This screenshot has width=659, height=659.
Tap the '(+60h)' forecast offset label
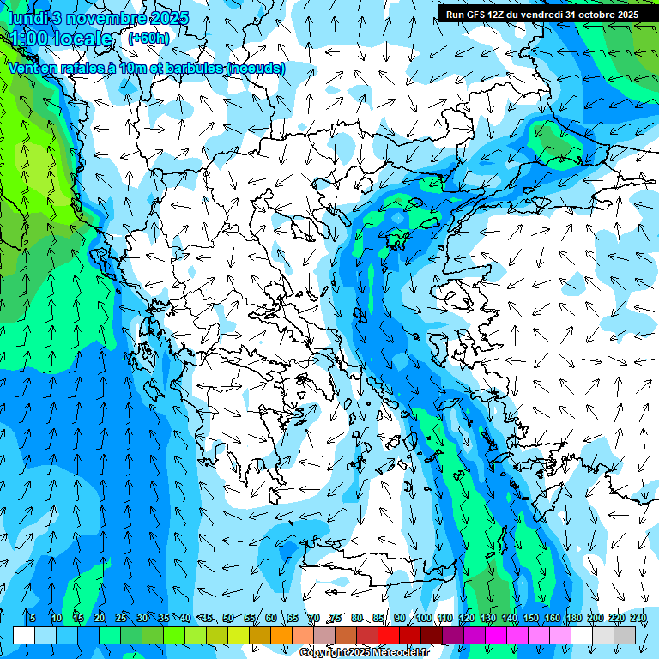click(x=148, y=39)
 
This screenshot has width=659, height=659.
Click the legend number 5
click(x=33, y=619)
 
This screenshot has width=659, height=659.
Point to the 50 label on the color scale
click(x=227, y=619)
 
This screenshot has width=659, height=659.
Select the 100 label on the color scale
click(x=423, y=619)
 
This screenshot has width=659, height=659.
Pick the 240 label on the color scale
click(x=638, y=619)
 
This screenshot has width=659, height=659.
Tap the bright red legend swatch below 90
click(x=389, y=635)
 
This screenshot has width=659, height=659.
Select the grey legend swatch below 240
click(x=625, y=635)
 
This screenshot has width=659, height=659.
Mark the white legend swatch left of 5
click(x=23, y=635)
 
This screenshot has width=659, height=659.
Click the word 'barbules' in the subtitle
click(x=189, y=69)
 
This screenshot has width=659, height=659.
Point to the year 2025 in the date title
click(x=168, y=18)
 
